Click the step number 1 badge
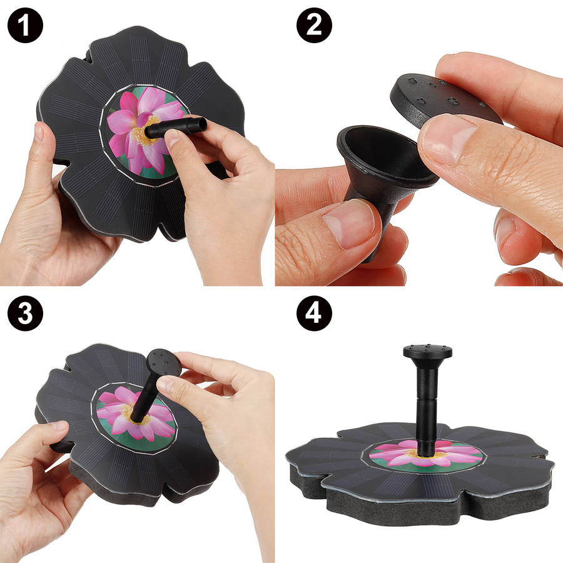tap(25, 26)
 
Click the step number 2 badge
tap(314, 26)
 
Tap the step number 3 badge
tap(25, 313)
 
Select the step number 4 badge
tap(314, 313)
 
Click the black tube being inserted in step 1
tap(176, 128)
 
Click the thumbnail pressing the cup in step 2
tap(349, 223)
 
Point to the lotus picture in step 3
tap(136, 417)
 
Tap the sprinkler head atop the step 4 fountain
tap(427, 352)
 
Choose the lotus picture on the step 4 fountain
tap(426, 454)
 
